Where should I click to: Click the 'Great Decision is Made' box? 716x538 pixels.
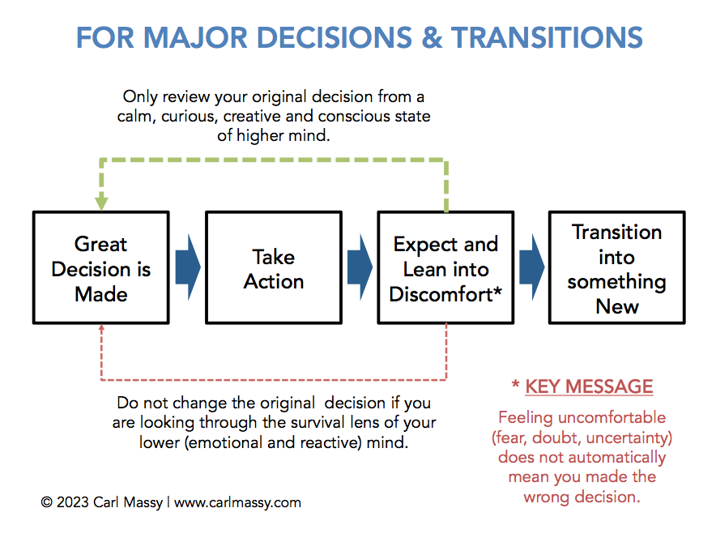tap(101, 267)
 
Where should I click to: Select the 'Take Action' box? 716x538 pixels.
tap(274, 267)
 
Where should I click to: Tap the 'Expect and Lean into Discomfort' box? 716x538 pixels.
tap(445, 267)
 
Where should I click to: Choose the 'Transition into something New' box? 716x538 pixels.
tap(617, 267)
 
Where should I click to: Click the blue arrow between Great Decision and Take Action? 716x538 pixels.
tap(188, 267)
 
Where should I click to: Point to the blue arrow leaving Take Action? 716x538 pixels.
tap(360, 267)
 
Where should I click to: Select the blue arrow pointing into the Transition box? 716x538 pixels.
tap(532, 267)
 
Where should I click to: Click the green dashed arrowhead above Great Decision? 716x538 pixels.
tap(101, 203)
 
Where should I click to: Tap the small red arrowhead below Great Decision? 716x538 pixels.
tap(101, 327)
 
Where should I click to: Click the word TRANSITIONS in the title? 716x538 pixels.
tap(547, 37)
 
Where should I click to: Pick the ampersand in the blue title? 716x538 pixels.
tap(432, 37)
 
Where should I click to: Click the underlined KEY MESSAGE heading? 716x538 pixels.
tap(589, 386)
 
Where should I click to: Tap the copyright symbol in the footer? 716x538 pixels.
tap(47, 502)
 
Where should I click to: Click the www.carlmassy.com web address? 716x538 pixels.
tap(237, 503)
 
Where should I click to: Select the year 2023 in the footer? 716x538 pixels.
tap(73, 502)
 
